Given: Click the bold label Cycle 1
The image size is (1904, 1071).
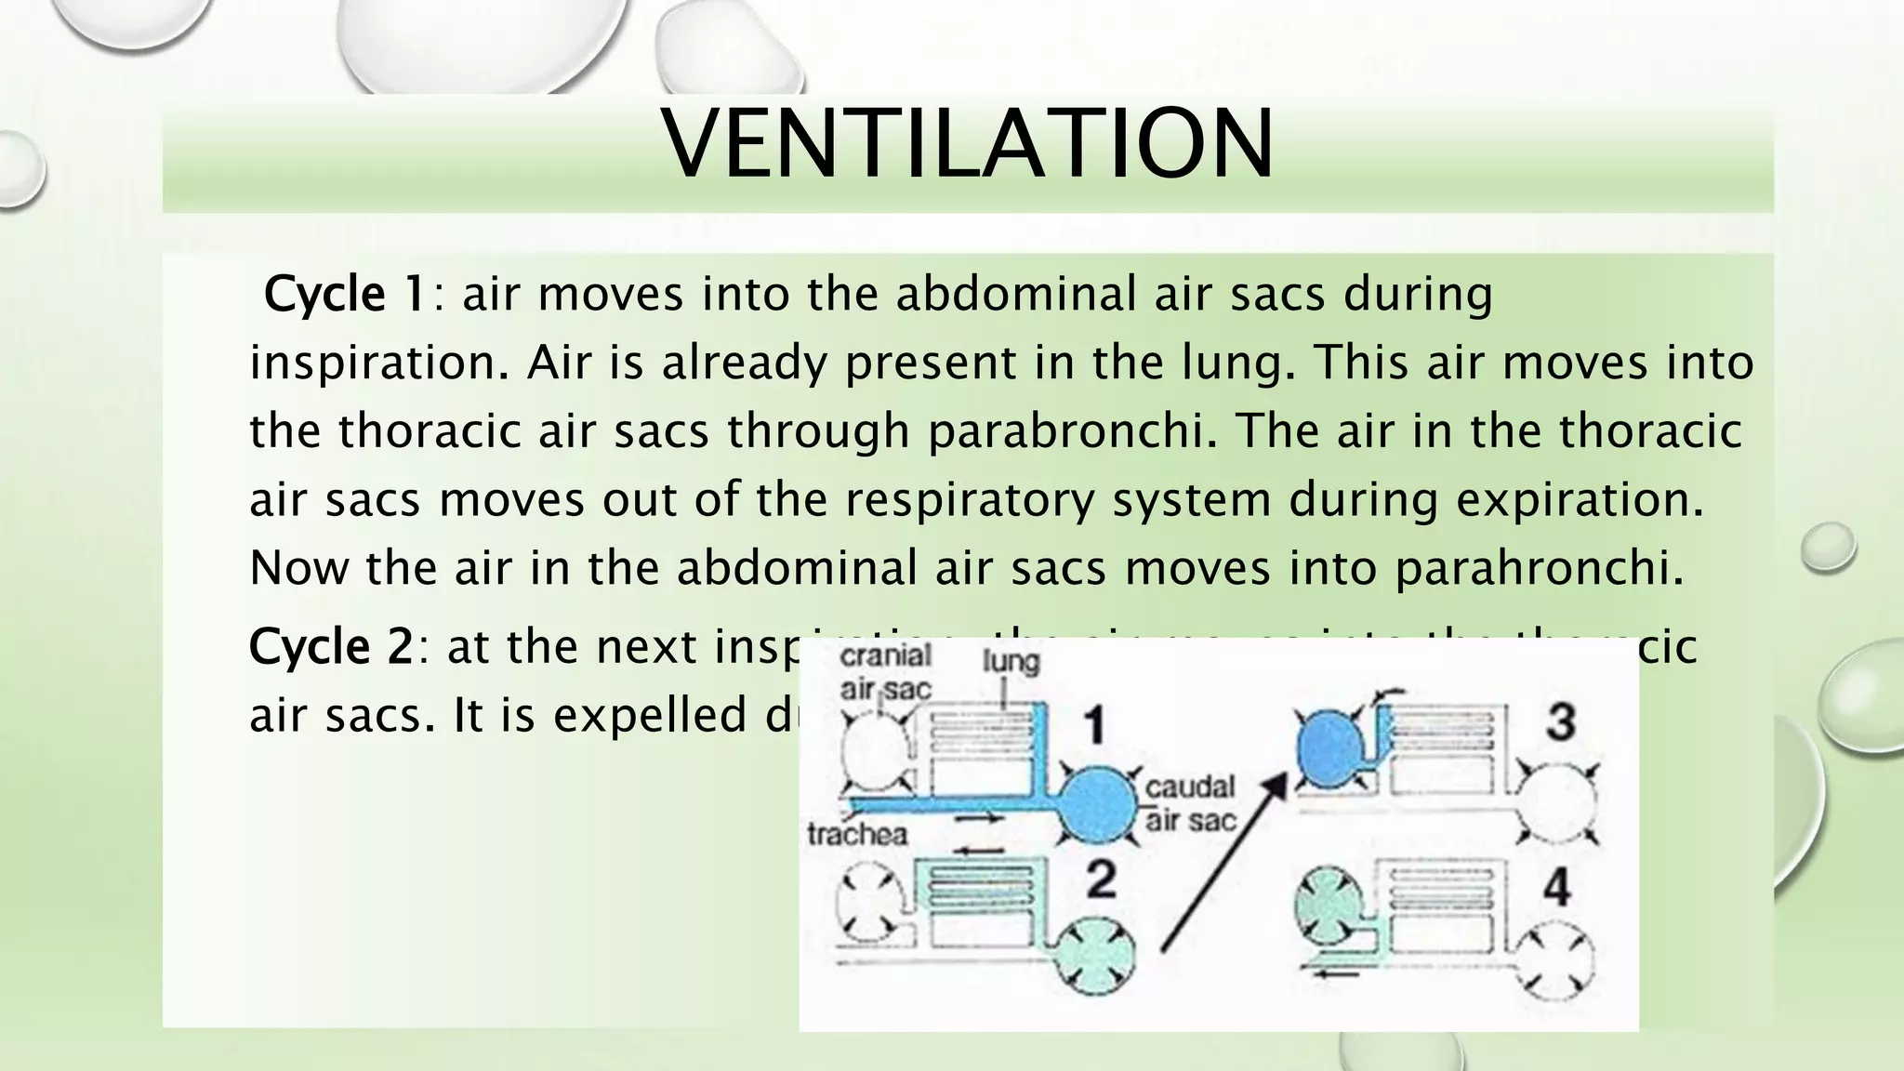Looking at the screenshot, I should [x=345, y=295].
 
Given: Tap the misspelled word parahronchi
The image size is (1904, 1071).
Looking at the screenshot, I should [x=1539, y=568].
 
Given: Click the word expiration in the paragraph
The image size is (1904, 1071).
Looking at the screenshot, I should [x=1580, y=500].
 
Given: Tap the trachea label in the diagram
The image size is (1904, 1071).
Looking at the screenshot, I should [x=857, y=834].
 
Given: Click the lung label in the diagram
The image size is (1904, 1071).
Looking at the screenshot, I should [x=1011, y=662].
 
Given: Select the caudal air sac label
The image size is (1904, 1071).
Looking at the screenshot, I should [x=1190, y=803].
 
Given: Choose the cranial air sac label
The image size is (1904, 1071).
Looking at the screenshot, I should [x=885, y=671].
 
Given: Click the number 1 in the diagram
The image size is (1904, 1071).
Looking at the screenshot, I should [x=1096, y=725].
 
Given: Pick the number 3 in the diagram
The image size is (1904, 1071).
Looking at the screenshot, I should [x=1559, y=721].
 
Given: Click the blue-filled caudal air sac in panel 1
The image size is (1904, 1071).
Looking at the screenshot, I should [x=1098, y=802].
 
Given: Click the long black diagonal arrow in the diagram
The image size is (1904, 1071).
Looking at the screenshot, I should [x=1223, y=865].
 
